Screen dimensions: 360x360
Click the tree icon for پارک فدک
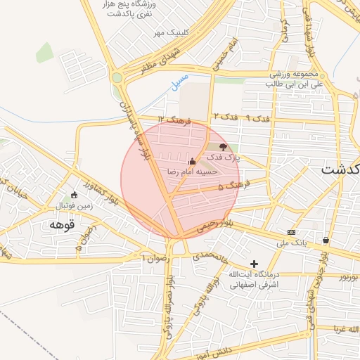[223, 147]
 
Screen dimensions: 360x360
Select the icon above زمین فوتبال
[75, 195]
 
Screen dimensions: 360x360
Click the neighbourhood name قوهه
[62, 224]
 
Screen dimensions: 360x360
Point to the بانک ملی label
[296, 243]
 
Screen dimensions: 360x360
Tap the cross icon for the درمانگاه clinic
[254, 264]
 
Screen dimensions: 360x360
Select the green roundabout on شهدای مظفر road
[117, 77]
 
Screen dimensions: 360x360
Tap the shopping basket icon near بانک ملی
[326, 240]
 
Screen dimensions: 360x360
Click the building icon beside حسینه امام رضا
[192, 160]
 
